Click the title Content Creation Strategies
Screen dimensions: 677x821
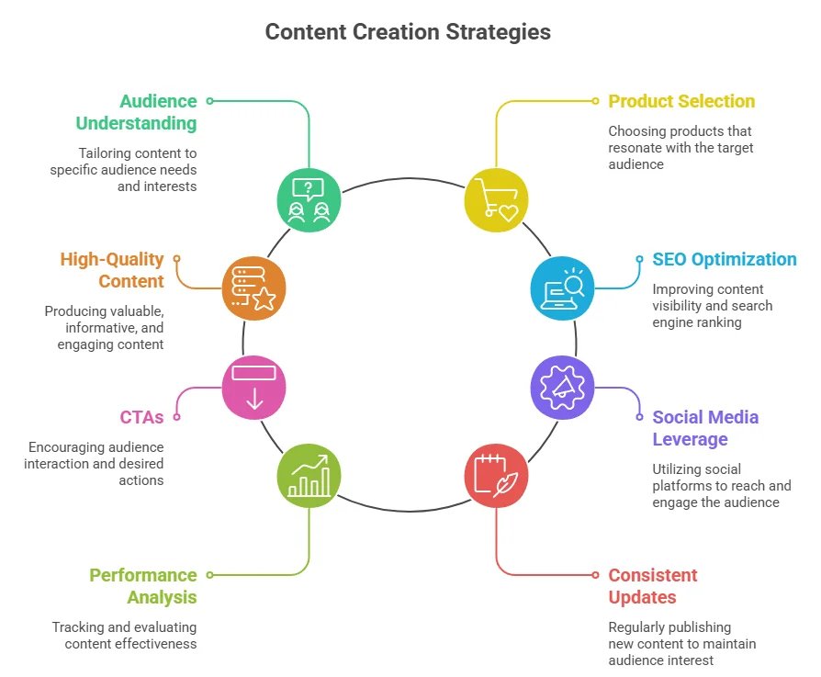[x=408, y=32]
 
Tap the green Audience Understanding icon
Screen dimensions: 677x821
[x=309, y=199]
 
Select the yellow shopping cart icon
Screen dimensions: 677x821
[x=496, y=199]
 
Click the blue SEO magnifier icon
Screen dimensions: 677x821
[x=563, y=288]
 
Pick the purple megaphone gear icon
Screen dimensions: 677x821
[x=563, y=387]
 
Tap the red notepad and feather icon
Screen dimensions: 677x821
[x=496, y=475]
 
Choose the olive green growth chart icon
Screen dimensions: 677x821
[x=309, y=475]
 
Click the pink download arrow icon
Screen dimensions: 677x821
[x=254, y=387]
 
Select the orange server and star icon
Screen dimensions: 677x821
[x=254, y=288]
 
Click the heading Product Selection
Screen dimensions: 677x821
[x=681, y=101]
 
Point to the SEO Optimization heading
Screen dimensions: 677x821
[x=725, y=259]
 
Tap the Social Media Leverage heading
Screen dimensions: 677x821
[x=705, y=428]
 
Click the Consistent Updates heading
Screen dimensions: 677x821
[x=653, y=586]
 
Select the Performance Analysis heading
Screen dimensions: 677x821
[x=143, y=586]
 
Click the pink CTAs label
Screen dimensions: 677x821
[x=141, y=417]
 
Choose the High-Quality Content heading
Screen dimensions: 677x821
[x=112, y=270]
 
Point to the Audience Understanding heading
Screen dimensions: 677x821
[x=136, y=112]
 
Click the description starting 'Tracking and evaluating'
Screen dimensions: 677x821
[x=124, y=635]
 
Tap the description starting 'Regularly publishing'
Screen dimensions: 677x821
[x=681, y=643]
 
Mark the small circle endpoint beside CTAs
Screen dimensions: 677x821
[x=176, y=417]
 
